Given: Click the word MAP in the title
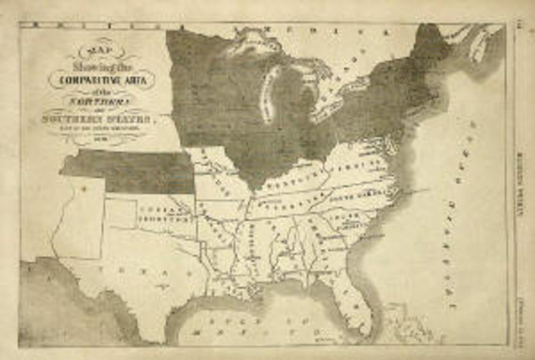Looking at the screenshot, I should pos(92,48).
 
